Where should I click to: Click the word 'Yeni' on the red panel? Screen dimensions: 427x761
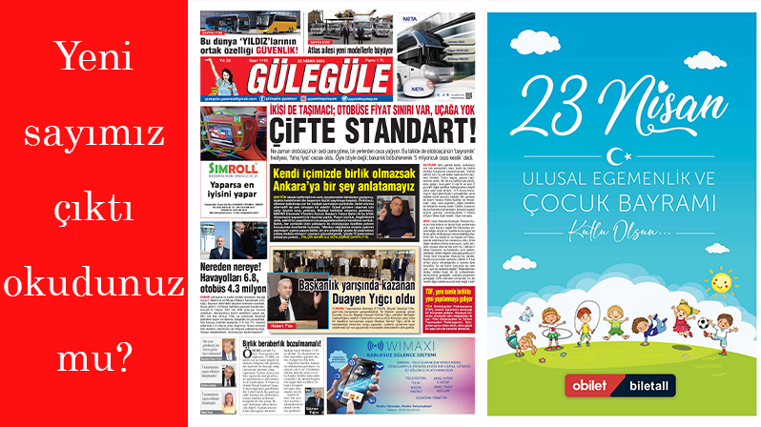(94, 61)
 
